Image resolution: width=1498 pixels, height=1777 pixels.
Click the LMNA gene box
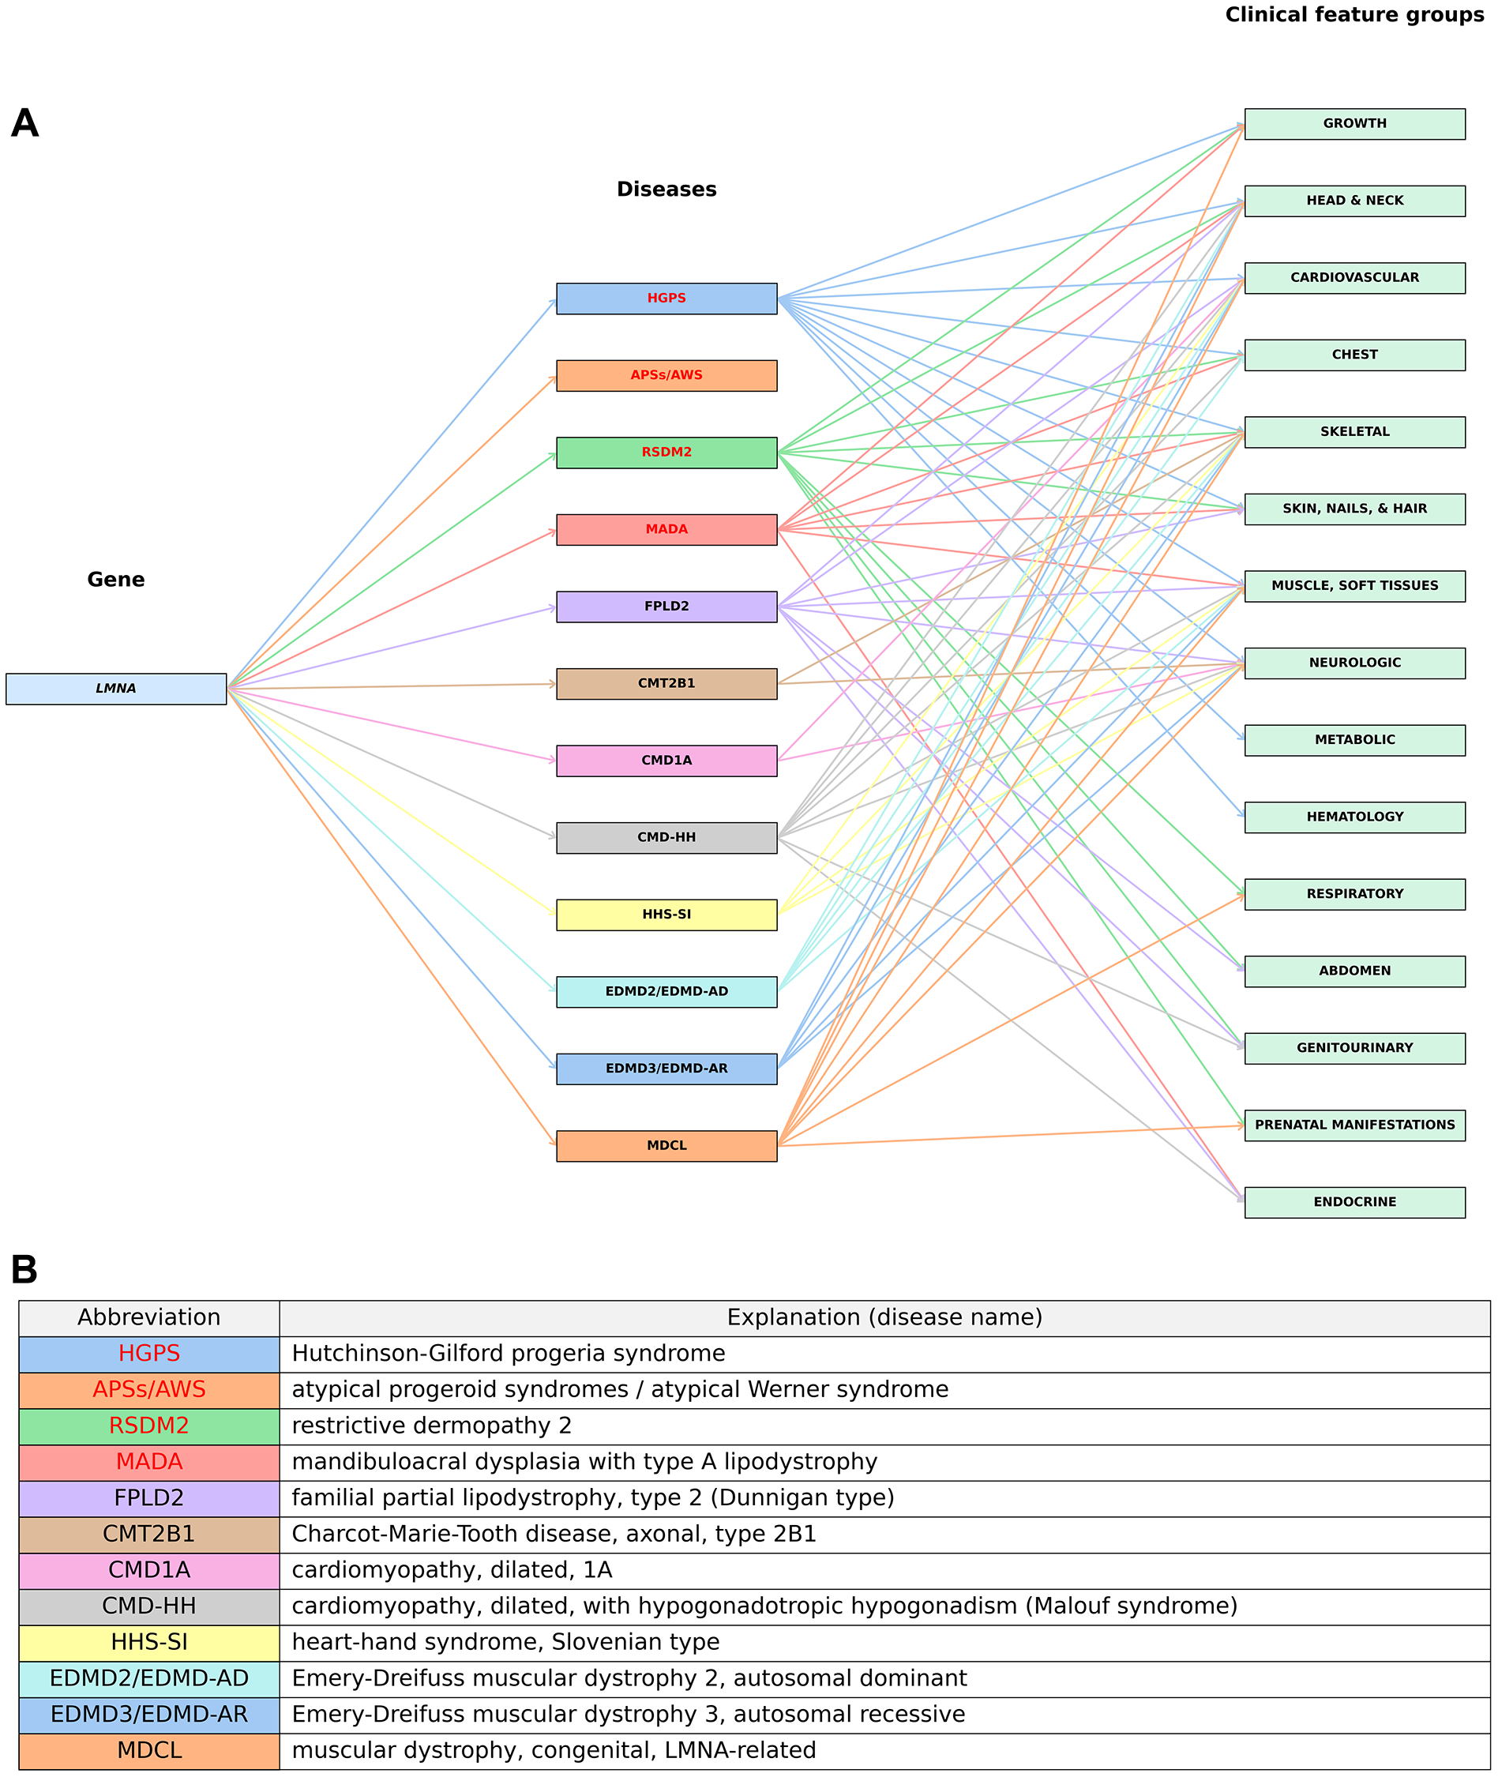pos(115,689)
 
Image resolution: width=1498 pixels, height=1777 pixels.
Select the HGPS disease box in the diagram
pos(666,299)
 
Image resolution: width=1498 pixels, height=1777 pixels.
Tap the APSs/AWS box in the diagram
pos(666,375)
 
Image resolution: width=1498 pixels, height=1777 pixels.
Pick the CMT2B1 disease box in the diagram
pos(666,684)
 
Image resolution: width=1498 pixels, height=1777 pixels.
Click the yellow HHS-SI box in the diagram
pos(666,915)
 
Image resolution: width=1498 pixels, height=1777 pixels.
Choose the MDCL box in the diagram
pos(666,1146)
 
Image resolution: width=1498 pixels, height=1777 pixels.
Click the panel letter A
pos(24,124)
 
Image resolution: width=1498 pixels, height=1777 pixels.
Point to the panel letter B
pos(24,1271)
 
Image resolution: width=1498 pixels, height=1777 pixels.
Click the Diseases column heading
pos(666,190)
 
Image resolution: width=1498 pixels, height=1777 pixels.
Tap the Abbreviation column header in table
pos(148,1317)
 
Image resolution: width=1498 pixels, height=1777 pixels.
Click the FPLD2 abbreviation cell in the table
pos(148,1497)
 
